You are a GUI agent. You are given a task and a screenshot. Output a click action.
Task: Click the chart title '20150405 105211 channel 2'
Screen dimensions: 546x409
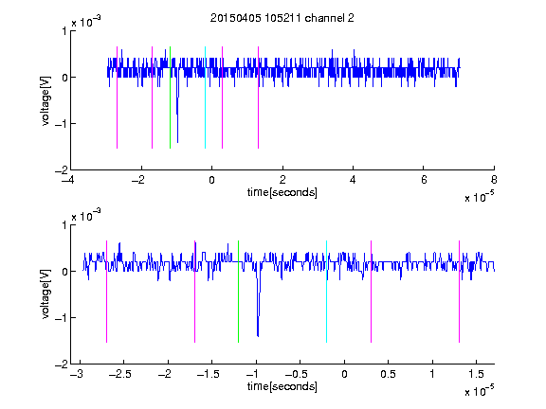point(282,18)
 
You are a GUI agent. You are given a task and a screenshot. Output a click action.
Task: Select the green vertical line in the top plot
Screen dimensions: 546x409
point(170,98)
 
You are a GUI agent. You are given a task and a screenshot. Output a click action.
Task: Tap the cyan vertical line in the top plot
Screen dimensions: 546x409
point(205,98)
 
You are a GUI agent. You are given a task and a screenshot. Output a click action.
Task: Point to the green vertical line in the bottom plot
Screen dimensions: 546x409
point(238,292)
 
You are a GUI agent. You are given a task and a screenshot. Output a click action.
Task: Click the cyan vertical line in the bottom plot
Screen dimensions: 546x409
point(326,292)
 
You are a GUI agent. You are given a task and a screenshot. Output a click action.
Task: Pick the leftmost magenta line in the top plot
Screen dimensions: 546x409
point(117,98)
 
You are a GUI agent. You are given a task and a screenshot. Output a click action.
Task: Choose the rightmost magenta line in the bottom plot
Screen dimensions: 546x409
point(459,292)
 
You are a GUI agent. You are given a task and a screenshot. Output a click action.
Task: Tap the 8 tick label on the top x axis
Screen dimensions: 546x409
point(494,180)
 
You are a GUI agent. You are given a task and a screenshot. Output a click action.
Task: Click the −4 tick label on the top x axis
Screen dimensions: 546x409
point(68,180)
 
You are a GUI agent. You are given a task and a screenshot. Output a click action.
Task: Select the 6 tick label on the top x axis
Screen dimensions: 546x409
point(424,180)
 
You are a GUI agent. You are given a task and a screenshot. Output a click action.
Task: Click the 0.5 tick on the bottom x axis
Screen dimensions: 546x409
point(388,374)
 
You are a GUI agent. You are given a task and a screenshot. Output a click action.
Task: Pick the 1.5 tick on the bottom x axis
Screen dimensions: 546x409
point(476,374)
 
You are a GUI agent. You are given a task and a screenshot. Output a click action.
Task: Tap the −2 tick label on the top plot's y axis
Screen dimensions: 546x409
point(62,170)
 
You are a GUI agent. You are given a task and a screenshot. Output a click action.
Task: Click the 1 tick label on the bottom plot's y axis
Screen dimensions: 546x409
point(64,225)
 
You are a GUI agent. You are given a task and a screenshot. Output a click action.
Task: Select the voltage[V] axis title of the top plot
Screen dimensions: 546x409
point(45,101)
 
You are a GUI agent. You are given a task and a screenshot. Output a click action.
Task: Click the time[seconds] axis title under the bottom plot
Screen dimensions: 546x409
point(282,386)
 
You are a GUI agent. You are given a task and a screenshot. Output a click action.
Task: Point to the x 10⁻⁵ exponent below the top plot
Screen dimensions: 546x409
point(480,197)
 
